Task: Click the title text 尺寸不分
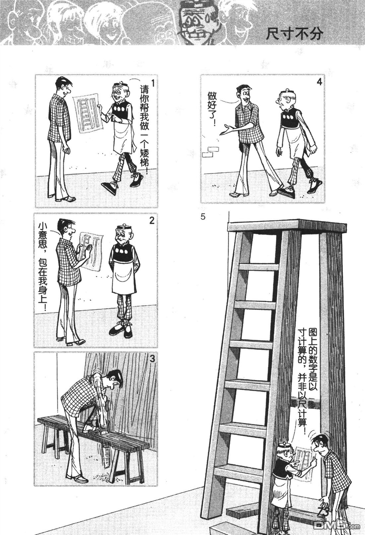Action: click(x=294, y=34)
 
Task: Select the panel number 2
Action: click(x=152, y=220)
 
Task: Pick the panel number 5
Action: click(x=203, y=217)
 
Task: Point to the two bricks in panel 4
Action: click(x=210, y=152)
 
